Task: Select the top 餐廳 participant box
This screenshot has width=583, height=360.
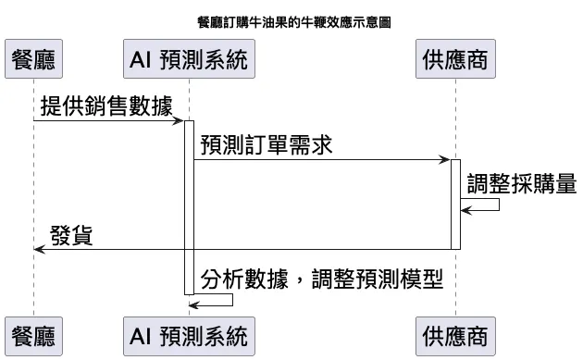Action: click(x=32, y=61)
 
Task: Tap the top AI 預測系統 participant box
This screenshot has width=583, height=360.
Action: click(x=189, y=61)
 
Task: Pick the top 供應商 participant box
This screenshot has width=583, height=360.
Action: click(x=454, y=61)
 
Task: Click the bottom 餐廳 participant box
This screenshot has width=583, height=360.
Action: click(x=32, y=334)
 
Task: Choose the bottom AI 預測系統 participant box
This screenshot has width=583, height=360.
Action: click(x=189, y=334)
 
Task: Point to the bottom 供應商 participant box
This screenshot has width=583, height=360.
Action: click(x=454, y=334)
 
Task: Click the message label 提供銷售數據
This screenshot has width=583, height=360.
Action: click(x=106, y=106)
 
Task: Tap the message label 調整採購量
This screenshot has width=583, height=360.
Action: click(x=521, y=183)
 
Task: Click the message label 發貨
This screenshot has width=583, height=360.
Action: click(x=70, y=236)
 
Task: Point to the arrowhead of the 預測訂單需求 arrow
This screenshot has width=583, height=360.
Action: click(x=445, y=160)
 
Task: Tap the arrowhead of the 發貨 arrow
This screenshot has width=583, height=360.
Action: click(x=37, y=249)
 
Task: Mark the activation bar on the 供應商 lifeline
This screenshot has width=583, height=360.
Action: click(x=455, y=204)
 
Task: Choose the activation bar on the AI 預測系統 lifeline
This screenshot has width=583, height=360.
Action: click(x=189, y=208)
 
